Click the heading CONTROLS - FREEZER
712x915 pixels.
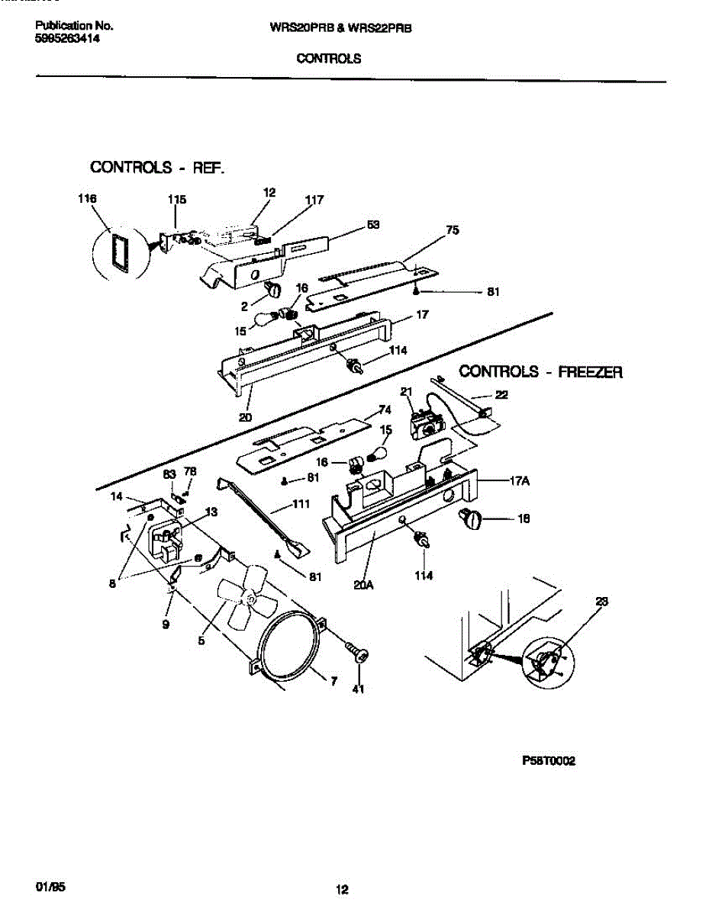540,372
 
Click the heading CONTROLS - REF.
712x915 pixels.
157,167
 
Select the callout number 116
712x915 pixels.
87,200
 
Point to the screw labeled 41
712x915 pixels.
356,652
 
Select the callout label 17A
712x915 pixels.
520,481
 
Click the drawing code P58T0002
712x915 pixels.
549,761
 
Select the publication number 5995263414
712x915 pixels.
68,37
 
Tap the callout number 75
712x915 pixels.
453,230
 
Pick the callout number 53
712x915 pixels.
373,224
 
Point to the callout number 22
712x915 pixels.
501,394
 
